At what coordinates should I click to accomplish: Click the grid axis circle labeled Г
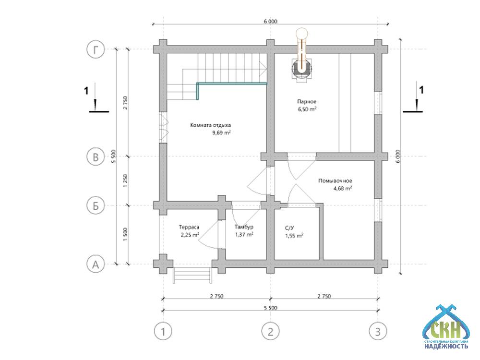tap(96, 49)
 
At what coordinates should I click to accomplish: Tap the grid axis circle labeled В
tap(96, 156)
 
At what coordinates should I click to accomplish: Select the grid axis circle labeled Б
tap(96, 205)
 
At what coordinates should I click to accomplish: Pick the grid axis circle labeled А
tap(96, 264)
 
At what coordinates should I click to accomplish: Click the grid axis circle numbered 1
tap(163, 331)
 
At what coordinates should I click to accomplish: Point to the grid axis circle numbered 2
tap(270, 331)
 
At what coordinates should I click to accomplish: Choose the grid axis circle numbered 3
tap(378, 331)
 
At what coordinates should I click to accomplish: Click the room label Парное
tap(307, 101)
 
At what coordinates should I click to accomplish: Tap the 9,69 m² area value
tap(221, 132)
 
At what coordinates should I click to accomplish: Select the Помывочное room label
tap(335, 180)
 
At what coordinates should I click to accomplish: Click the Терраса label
tap(189, 227)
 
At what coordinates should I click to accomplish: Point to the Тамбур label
tap(244, 227)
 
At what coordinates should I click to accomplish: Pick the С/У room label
tap(289, 228)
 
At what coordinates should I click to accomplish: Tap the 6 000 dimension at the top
tap(270, 21)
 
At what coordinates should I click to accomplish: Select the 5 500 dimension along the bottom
tap(270, 308)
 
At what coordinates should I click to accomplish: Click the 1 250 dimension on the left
tap(125, 181)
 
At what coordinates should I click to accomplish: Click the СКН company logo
tap(446, 326)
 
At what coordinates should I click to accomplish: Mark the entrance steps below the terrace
tap(192, 275)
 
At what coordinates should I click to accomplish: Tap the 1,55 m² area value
tap(294, 235)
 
